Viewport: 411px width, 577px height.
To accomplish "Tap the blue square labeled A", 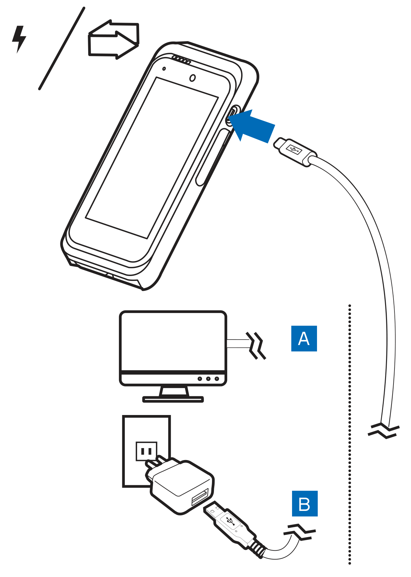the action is [304, 339].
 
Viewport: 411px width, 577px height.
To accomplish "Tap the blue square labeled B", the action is [305, 503].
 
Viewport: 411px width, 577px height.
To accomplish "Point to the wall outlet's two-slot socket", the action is [146, 451].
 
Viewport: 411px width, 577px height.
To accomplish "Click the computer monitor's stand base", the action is [173, 399].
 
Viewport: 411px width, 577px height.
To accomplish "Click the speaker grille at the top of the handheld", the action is [181, 60].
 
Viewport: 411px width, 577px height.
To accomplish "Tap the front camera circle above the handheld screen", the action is [193, 78].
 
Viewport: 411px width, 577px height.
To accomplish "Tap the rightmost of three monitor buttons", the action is [217, 379].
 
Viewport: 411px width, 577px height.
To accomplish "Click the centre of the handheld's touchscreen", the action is [152, 158].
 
